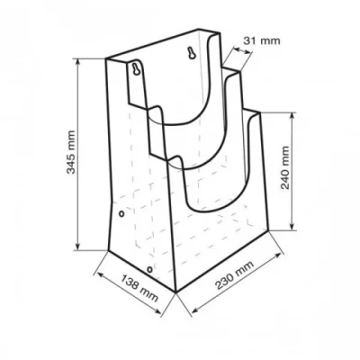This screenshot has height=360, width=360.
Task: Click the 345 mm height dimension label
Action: click(71, 152)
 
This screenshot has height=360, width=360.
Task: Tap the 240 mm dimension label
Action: click(285, 167)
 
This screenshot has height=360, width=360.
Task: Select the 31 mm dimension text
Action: click(262, 40)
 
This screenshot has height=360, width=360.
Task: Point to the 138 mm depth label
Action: click(139, 288)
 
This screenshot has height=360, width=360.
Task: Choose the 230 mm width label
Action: click(235, 275)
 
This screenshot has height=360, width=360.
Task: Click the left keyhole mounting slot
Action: click(137, 69)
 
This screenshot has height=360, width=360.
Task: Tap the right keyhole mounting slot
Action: click(192, 53)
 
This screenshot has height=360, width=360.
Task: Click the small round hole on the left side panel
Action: click(121, 213)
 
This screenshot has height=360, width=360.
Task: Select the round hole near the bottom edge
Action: click(149, 269)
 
